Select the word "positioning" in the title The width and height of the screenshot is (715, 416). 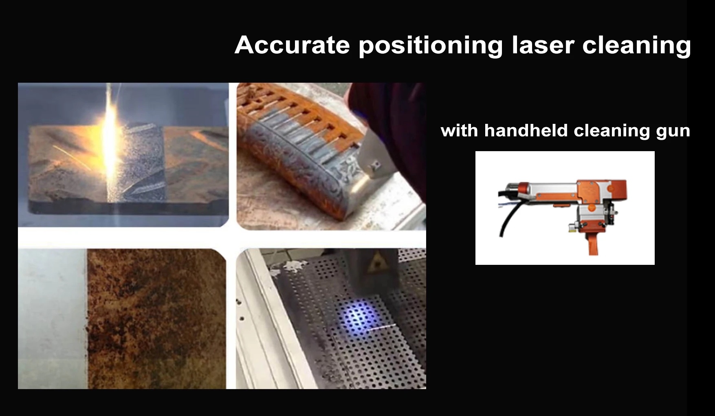pyautogui.click(x=431, y=46)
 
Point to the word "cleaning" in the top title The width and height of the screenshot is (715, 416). pyautogui.click(x=636, y=46)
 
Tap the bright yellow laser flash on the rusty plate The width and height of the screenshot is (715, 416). pyautogui.click(x=111, y=143)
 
